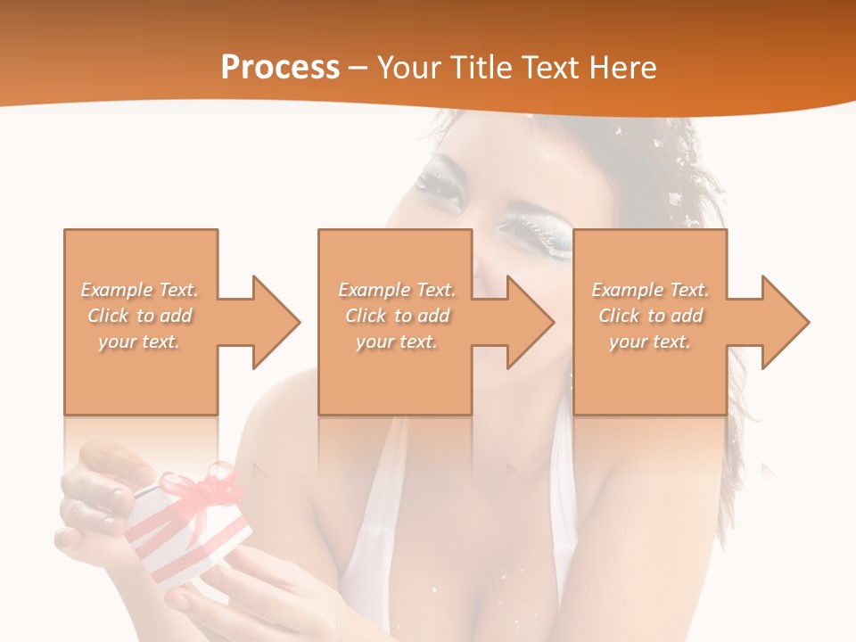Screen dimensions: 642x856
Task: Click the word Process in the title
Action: (280, 68)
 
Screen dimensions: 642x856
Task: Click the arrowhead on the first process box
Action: (277, 322)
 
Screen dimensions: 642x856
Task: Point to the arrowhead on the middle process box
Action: (531, 322)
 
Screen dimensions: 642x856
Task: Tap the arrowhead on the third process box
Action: (786, 322)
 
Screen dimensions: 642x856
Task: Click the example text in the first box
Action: (140, 316)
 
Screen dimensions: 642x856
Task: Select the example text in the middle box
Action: (396, 316)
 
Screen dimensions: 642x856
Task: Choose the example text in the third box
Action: (650, 316)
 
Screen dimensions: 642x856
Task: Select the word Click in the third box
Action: (619, 316)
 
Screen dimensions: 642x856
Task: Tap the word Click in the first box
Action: (108, 316)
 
